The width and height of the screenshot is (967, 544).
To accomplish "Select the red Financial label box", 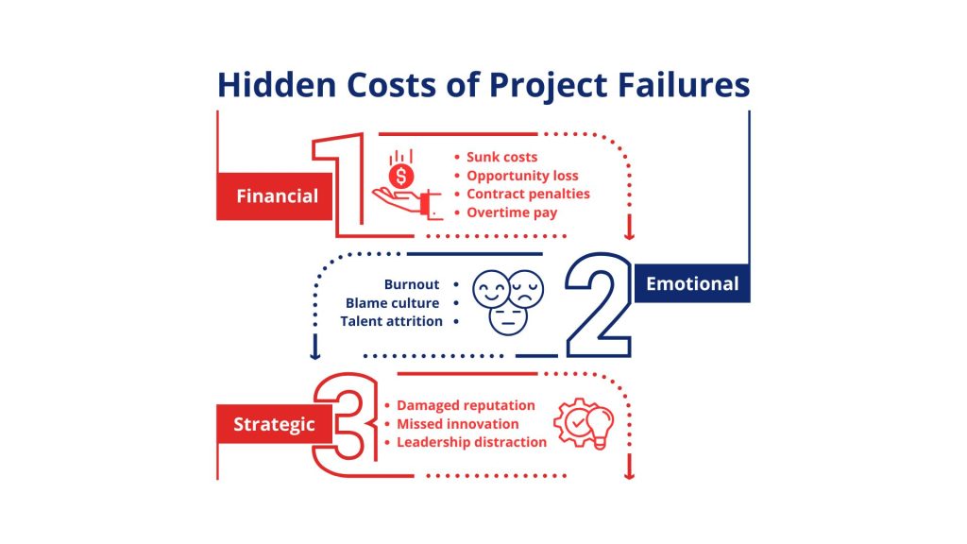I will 275,196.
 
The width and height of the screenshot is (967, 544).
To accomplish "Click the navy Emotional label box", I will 692,283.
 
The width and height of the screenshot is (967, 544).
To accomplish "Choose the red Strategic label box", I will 274,424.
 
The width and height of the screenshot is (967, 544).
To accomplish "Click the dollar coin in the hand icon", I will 402,176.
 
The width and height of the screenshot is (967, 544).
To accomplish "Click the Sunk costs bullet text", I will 501,157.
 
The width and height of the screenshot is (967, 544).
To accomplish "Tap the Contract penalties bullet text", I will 528,194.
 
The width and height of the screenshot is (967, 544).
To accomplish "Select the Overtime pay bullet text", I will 512,212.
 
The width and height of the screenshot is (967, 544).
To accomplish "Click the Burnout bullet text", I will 412,284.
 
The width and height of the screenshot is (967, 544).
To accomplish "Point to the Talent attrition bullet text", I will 392,321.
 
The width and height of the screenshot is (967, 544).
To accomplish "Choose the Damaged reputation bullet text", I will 466,405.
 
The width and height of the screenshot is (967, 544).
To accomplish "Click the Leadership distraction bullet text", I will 471,442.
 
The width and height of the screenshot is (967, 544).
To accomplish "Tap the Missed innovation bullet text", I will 458,424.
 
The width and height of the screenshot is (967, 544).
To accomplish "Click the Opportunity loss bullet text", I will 522,176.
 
